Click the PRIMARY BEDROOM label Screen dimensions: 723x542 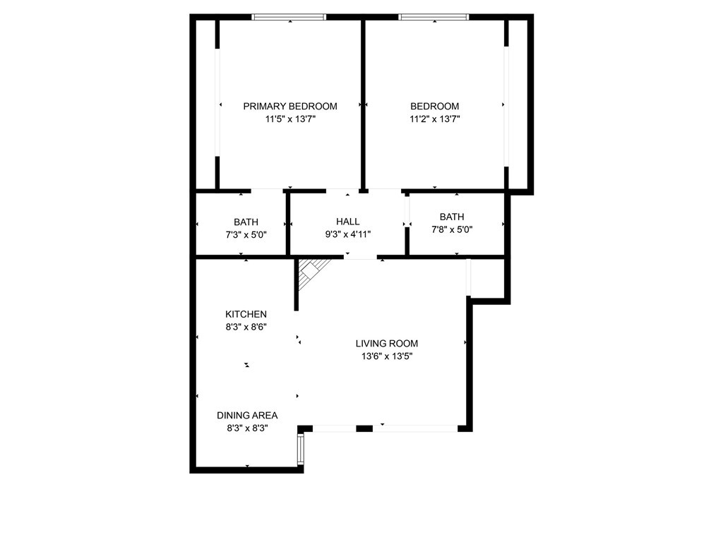click(x=290, y=107)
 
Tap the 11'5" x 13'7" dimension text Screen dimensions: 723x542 click(x=290, y=119)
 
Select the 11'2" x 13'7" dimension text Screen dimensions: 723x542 click(x=435, y=119)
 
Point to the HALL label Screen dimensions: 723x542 click(x=347, y=222)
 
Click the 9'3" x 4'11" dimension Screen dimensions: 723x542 click(x=347, y=234)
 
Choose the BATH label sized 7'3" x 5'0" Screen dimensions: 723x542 click(x=246, y=222)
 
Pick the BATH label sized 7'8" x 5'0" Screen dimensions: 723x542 click(x=452, y=217)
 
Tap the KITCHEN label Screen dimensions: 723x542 click(x=246, y=314)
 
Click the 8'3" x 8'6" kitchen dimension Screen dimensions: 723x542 click(x=246, y=327)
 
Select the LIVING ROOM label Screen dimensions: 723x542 click(x=387, y=344)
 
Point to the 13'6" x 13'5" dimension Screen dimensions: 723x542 click(x=387, y=356)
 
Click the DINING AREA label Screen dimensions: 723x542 click(x=247, y=415)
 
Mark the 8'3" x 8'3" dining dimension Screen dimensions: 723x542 click(x=247, y=428)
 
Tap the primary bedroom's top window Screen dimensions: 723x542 click(x=289, y=18)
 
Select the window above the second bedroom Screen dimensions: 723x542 click(x=434, y=18)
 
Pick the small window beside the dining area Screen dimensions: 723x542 click(x=301, y=450)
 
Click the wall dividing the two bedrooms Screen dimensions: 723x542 click(x=363, y=104)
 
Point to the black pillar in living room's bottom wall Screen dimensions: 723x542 click(x=364, y=428)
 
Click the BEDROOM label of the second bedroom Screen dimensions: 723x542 click(x=435, y=107)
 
